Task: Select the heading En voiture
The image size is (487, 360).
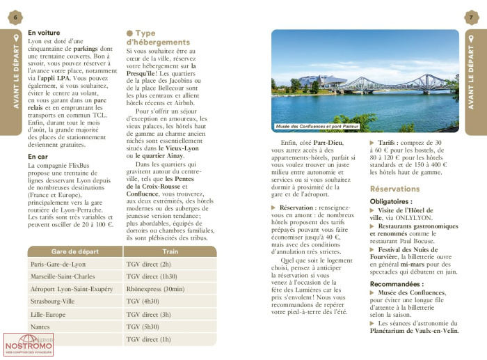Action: (44, 33)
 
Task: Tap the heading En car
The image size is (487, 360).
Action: (38, 157)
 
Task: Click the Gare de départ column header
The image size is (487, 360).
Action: (74, 251)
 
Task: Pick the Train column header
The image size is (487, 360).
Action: (170, 251)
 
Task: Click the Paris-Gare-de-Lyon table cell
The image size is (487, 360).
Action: (58, 265)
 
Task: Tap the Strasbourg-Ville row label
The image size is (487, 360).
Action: (53, 302)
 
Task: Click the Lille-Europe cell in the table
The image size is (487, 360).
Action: (49, 315)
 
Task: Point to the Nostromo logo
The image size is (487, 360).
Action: (28, 345)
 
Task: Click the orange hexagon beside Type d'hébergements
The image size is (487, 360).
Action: (130, 33)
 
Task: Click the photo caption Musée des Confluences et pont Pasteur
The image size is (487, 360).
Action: (317, 127)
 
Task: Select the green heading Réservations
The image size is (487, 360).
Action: (394, 189)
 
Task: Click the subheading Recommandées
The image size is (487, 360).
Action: (397, 284)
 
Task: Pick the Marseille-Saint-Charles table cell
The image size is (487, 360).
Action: (63, 277)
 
